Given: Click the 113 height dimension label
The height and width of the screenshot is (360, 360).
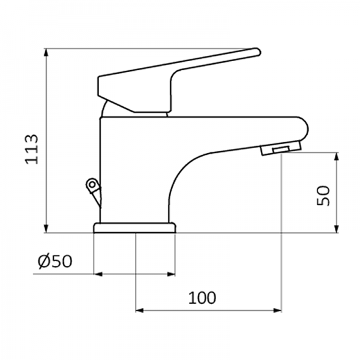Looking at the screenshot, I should pyautogui.click(x=32, y=149).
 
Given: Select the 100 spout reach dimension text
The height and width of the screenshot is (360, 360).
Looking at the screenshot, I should pyautogui.click(x=203, y=297).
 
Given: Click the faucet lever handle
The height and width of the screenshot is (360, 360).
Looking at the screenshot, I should pyautogui.click(x=174, y=75).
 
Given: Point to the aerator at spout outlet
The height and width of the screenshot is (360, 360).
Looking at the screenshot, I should pyautogui.click(x=280, y=149).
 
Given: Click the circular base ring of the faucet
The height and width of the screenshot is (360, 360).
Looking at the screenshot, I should pyautogui.click(x=135, y=228).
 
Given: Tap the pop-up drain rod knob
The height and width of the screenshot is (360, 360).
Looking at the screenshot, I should pyautogui.click(x=92, y=185).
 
